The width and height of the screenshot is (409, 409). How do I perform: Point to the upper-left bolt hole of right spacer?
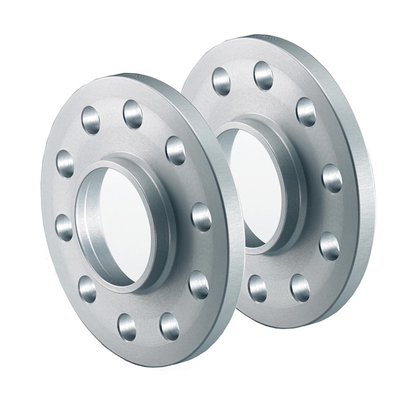tap(221, 81)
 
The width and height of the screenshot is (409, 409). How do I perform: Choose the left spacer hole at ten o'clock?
tap(65, 163)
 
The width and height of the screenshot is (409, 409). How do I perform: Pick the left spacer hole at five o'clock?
tap(169, 326)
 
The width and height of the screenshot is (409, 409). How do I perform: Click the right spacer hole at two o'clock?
tap(306, 111)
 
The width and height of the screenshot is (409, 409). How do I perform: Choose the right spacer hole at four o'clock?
tap(329, 246)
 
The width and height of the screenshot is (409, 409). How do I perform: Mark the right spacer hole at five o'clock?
tap(300, 287)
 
